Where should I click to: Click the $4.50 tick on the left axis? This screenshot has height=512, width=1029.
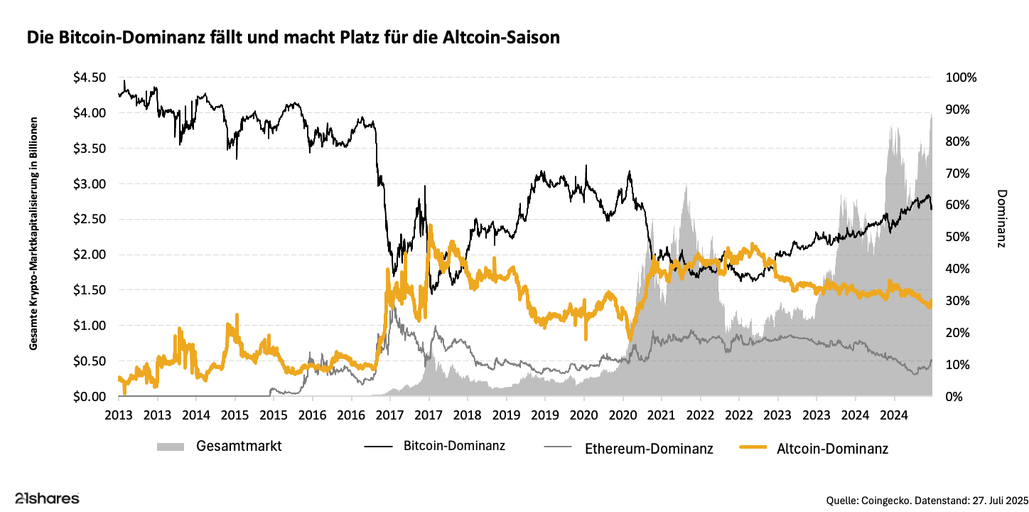pos(90,78)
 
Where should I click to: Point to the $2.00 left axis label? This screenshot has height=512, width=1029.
pos(90,255)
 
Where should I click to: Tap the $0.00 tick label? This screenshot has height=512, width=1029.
pos(90,396)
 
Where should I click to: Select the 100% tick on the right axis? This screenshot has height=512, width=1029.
pos(960,78)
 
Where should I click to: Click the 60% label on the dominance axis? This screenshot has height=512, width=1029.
pos(957,205)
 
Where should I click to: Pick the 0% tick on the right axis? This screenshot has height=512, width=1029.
pos(954,396)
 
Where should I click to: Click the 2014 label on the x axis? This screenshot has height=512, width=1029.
pos(197,415)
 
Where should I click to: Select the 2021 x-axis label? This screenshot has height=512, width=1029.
pos(661,415)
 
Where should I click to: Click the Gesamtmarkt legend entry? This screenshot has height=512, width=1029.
pos(239,447)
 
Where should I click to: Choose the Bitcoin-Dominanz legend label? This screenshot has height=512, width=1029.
pos(454,447)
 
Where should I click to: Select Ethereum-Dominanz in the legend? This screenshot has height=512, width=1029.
pos(649,448)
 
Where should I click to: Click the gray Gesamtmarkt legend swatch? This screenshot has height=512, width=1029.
pos(171,447)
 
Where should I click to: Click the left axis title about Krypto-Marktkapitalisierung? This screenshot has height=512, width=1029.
pos(33,234)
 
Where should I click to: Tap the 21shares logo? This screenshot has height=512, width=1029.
pos(47,498)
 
